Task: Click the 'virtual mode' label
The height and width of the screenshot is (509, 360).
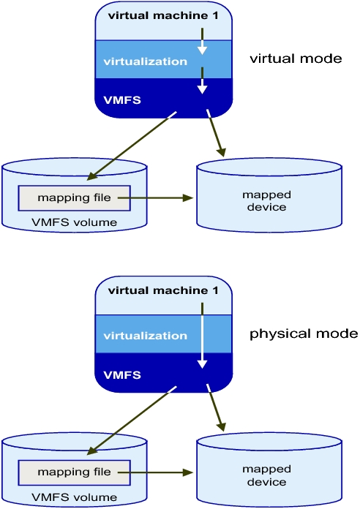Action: coord(296,59)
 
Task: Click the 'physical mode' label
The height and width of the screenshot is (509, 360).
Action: coord(304,333)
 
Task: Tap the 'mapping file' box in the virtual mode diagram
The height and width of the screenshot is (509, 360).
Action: coord(74,198)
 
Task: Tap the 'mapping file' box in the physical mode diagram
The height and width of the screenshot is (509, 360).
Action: coord(74,472)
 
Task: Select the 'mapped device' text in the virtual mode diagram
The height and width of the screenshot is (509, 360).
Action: coord(267,200)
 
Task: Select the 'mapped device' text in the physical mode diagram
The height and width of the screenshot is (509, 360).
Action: coord(267,475)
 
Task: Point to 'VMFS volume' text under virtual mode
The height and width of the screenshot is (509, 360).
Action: coord(74,222)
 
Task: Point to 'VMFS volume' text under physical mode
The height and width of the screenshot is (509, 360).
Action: coord(74,497)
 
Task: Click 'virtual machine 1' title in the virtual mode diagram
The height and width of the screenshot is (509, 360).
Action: coord(163,15)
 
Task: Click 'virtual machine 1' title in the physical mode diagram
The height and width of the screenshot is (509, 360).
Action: coord(163,290)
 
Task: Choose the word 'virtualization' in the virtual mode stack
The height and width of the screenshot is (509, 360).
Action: coord(145,61)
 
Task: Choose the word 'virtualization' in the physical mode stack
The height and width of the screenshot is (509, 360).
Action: coord(145,336)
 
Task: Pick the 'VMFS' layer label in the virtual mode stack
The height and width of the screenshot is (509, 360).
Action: coord(122,100)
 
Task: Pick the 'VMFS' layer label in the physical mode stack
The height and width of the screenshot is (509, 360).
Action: coord(122,375)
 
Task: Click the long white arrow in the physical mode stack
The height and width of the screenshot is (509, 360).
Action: coord(203,336)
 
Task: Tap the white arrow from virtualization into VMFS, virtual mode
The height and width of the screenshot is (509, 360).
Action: coord(203,80)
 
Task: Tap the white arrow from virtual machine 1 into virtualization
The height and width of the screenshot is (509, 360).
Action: coord(203,41)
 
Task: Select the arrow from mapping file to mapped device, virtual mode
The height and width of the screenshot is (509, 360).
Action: coord(155,197)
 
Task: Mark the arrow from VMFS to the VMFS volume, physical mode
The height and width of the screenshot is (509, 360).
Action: coord(132,421)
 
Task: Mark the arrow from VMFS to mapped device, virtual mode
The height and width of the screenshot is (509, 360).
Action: coord(216,133)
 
